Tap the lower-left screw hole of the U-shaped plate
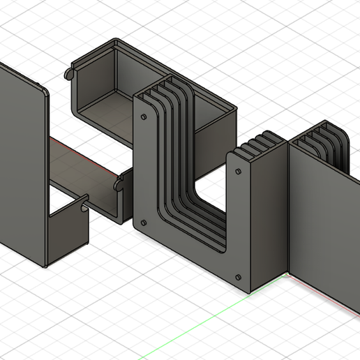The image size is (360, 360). click(x=143, y=223)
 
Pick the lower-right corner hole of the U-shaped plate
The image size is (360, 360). click(x=238, y=275)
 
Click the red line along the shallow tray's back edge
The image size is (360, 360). click(x=77, y=151)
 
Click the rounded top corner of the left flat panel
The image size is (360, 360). click(x=43, y=90)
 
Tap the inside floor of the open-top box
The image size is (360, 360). click(x=105, y=112)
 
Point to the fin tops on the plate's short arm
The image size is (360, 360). click(x=262, y=140)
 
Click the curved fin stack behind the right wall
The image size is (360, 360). click(x=328, y=142)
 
